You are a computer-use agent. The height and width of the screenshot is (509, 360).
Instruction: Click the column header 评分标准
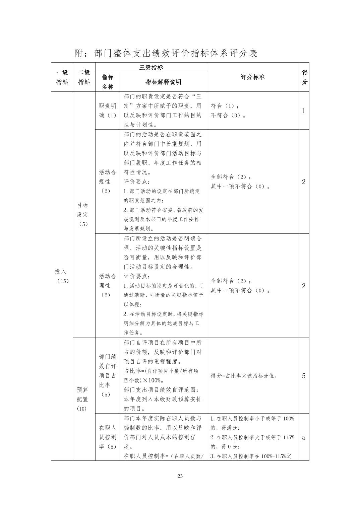pyautogui.click(x=253, y=77)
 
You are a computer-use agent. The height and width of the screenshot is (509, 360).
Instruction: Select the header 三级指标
pyautogui.click(x=151, y=67)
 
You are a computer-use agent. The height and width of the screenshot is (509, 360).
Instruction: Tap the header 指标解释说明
pyautogui.click(x=163, y=82)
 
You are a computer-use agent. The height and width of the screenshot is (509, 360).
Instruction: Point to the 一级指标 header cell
pyautogui.click(x=62, y=77)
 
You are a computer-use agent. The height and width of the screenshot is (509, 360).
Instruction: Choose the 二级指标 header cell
pyautogui.click(x=84, y=77)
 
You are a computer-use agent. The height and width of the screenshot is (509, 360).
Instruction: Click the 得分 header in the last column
pyautogui.click(x=304, y=77)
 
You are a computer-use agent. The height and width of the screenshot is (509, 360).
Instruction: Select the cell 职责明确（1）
pyautogui.click(x=108, y=111)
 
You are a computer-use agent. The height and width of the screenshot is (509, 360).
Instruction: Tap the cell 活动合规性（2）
pyautogui.click(x=108, y=181)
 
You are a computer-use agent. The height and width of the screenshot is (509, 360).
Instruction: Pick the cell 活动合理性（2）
pyautogui.click(x=108, y=286)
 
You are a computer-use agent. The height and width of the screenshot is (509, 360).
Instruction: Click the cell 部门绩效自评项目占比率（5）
pyautogui.click(x=108, y=375)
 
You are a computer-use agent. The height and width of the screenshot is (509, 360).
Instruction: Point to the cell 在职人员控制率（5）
pyautogui.click(x=108, y=437)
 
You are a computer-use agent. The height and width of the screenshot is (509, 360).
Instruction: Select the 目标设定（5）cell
pyautogui.click(x=83, y=214)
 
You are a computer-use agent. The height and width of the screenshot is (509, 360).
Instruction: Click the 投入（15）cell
pyautogui.click(x=62, y=276)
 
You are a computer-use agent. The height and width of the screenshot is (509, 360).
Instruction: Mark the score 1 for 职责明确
pyautogui.click(x=304, y=111)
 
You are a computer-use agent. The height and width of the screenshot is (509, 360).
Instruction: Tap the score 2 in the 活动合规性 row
pyautogui.click(x=304, y=182)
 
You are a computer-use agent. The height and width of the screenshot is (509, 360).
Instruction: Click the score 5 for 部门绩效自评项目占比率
pyautogui.click(x=304, y=376)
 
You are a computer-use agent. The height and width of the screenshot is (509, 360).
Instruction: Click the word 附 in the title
pyautogui.click(x=79, y=53)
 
